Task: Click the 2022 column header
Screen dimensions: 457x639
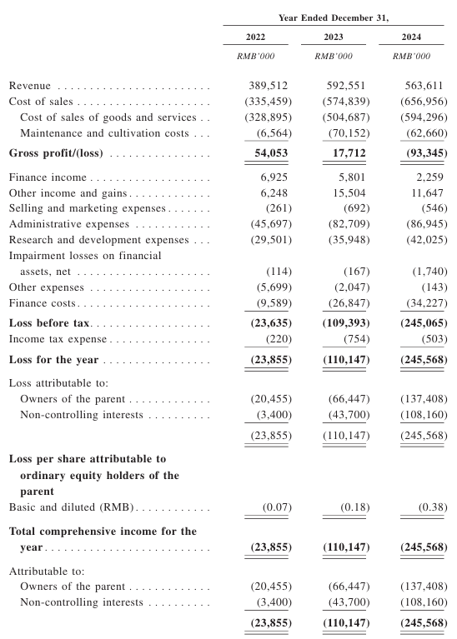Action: pos(255,37)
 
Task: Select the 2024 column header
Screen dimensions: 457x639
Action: pos(411,37)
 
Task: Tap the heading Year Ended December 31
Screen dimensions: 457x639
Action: pos(334,18)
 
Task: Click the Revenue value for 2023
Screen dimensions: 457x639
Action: pos(346,86)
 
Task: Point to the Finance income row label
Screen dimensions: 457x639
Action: pos(48,177)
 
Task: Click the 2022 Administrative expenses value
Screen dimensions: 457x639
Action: pos(271,224)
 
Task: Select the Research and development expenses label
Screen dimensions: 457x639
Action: pos(98,240)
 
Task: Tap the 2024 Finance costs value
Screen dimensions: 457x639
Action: pos(426,303)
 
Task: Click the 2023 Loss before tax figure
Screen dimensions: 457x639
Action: pos(346,323)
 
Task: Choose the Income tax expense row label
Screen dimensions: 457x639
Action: pos(58,339)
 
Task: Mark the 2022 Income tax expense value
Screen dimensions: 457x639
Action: pos(279,339)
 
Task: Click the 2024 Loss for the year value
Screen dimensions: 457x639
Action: pos(424,360)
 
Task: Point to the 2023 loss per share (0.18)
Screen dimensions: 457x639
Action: pos(355,507)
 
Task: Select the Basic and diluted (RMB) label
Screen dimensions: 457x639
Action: pos(72,507)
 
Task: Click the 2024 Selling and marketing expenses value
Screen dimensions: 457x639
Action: pos(434,208)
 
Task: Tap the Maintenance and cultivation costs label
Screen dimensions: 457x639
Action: pos(104,133)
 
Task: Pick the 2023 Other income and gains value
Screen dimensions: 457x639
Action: pos(349,192)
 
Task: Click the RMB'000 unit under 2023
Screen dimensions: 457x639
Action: pos(334,57)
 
